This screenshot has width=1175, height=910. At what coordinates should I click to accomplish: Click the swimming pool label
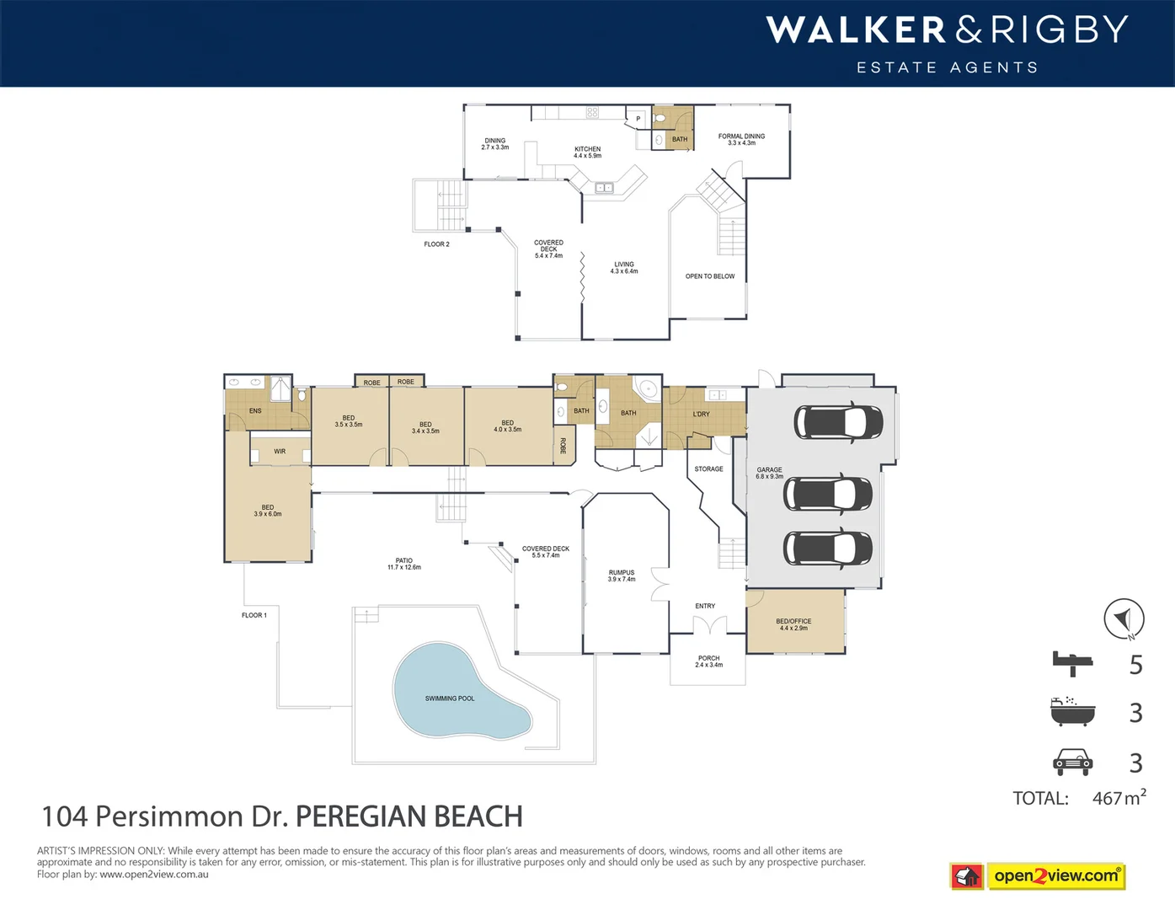pos(449,699)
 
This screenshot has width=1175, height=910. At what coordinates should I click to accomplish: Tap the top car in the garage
pos(837,422)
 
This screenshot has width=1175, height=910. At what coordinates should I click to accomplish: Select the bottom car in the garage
pos(828,548)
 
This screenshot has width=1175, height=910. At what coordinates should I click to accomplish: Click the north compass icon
pos(1124,619)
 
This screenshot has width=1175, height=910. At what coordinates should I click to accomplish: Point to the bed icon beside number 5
pos(1072,664)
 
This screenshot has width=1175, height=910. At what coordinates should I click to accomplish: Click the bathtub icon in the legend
pos(1072,712)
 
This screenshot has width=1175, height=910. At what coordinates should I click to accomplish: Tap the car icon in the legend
pos(1072,762)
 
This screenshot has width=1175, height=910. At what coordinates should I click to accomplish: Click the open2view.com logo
pos(1056,876)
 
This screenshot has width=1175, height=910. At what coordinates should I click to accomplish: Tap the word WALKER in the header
pos(856,30)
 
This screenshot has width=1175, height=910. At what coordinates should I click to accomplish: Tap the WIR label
pos(280,452)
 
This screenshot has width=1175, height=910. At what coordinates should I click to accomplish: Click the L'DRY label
pos(701,415)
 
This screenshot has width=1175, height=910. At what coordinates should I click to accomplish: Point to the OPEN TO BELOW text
pos(709,276)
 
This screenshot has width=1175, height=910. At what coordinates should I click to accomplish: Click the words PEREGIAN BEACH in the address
pos(409,816)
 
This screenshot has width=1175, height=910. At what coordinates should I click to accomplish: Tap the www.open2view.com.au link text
pos(153,875)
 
